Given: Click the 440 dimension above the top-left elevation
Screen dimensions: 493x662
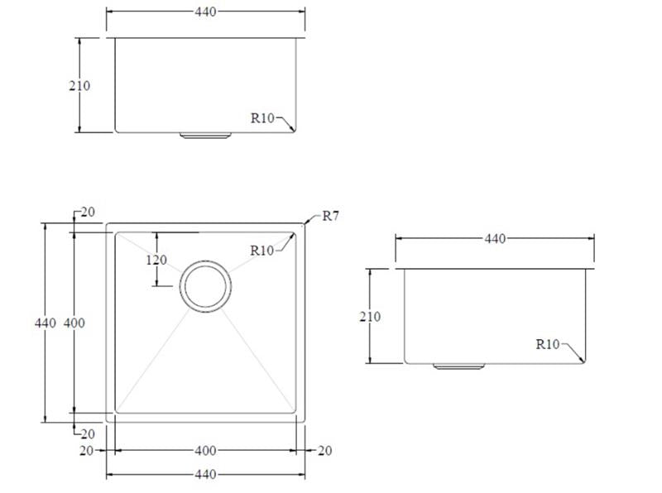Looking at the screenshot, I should coord(205,12).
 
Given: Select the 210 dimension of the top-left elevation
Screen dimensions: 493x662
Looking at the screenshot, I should coord(79,85).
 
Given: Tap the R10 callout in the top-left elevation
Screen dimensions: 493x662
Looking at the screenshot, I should coord(262,118).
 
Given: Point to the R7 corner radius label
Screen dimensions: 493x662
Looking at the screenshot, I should coord(331,217).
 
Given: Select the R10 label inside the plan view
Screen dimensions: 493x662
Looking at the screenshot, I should coord(262,251).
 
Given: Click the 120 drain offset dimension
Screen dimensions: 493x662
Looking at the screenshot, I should coord(156,260).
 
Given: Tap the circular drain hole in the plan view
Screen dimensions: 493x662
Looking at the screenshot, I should coord(205,287).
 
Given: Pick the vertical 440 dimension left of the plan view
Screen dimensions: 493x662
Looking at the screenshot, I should coord(45,323).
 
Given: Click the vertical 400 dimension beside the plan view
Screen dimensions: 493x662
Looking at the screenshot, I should coord(74,323).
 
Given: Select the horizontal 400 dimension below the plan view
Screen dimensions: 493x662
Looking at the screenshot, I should coord(205,451).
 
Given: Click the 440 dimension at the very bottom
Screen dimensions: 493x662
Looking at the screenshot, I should coord(205,475).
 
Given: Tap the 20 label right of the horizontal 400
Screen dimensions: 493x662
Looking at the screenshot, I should coord(324,451).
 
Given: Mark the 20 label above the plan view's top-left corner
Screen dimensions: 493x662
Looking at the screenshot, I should coord(88,213).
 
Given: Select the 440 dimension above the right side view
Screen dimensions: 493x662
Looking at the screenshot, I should coord(494,239).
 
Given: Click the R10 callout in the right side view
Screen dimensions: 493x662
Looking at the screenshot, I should coord(548,344).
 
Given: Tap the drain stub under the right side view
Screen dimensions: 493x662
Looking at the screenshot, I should coord(459,366).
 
